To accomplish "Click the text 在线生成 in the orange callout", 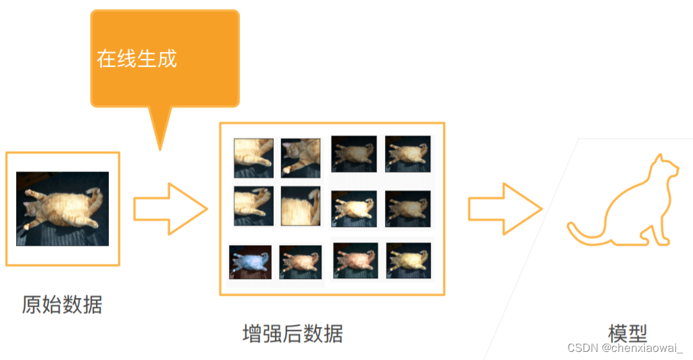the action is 137,59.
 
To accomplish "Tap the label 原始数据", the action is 62,305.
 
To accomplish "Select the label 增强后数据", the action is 292,334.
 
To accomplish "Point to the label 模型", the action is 627,333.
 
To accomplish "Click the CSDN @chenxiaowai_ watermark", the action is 625,348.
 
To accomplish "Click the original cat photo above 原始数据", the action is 62,209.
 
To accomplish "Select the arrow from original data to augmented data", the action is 171,209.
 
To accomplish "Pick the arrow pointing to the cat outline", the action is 505,209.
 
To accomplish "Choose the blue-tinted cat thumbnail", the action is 250,262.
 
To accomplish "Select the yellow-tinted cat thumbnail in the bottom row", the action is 409,261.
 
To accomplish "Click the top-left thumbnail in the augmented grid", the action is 254,158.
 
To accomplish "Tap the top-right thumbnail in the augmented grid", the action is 407,154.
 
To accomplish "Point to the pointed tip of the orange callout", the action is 160,149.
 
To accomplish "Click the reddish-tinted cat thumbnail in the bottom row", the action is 355,261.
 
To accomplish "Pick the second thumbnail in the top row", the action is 301,158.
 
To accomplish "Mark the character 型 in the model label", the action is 638,333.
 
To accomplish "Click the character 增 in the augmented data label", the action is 252,334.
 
